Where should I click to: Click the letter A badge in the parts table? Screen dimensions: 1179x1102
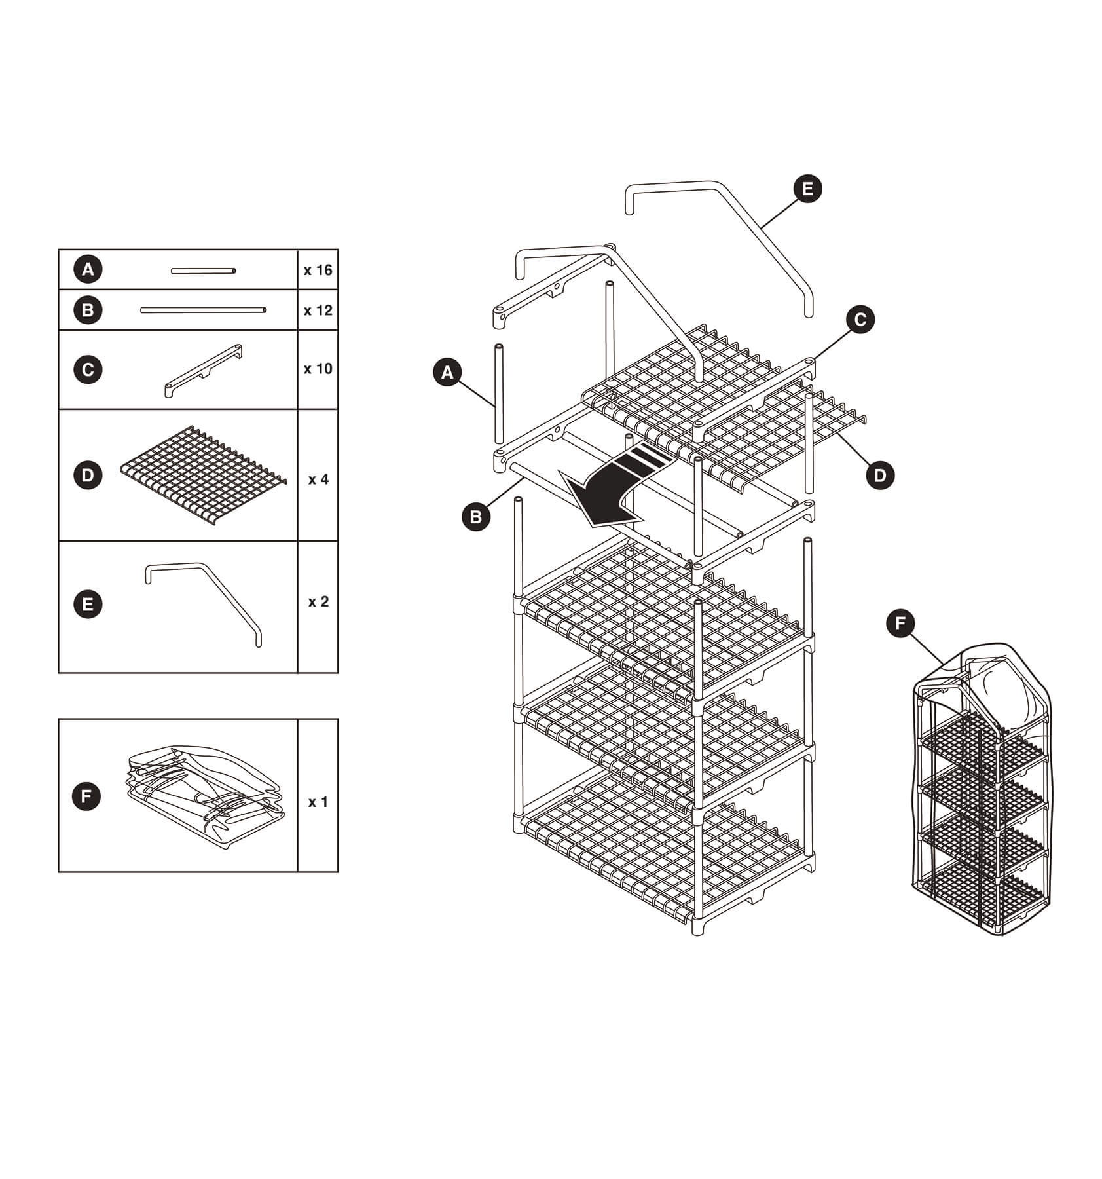(x=88, y=269)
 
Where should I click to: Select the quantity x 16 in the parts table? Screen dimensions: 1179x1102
(x=318, y=270)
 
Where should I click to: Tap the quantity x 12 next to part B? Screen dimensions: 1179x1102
(x=318, y=310)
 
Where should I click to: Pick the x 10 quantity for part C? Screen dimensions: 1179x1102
(x=318, y=369)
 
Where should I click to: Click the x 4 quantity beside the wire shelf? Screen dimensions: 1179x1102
(x=318, y=479)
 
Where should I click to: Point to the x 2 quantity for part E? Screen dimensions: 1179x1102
(x=318, y=601)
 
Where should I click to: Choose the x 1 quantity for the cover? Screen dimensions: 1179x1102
(x=318, y=802)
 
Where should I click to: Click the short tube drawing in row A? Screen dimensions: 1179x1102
(x=203, y=271)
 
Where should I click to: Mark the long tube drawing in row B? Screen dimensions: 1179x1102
(x=203, y=310)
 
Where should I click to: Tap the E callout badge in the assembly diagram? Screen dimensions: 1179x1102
(x=807, y=189)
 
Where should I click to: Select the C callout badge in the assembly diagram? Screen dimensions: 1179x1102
(x=860, y=319)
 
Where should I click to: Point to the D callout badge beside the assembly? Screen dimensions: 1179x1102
(x=879, y=475)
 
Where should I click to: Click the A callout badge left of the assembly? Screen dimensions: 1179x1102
(x=447, y=373)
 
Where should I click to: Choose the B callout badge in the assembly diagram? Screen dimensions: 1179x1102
(x=475, y=517)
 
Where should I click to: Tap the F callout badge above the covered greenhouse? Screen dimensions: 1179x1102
(x=900, y=624)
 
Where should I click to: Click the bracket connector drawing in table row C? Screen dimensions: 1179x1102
(x=204, y=370)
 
